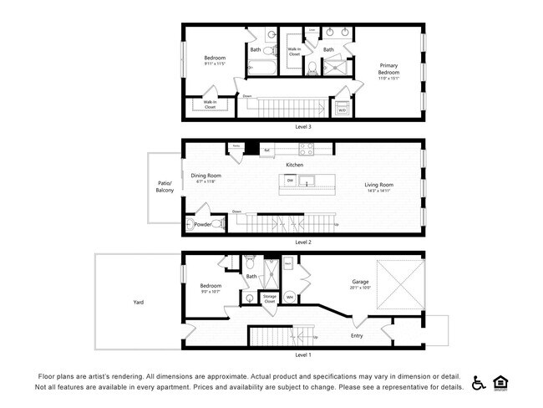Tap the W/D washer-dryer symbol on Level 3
click(x=342, y=108)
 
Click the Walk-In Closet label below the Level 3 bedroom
click(x=210, y=105)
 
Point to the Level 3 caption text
click(x=303, y=127)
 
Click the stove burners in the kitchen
click(x=306, y=151)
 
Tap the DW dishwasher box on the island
click(x=290, y=180)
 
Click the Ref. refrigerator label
click(x=266, y=150)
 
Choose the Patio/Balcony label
click(x=165, y=186)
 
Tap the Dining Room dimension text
click(x=206, y=181)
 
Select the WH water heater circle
click(x=290, y=296)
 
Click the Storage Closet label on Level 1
click(x=270, y=298)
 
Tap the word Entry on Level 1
click(x=357, y=336)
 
